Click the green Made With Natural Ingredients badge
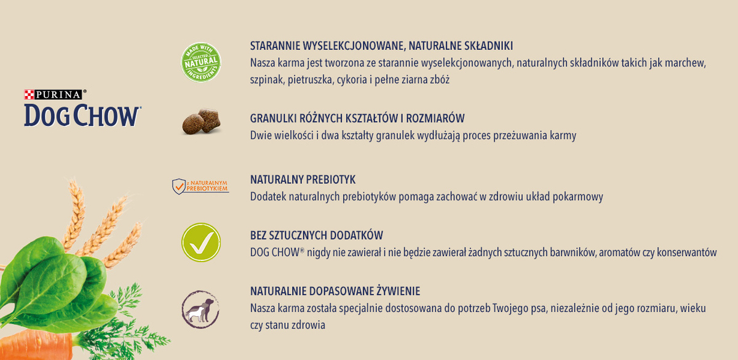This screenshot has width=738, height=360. [200, 62]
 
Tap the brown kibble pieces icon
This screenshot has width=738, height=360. [201, 121]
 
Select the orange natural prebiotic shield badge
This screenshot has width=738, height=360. [200, 185]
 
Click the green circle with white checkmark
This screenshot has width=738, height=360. [200, 242]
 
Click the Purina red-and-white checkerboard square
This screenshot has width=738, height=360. [28, 95]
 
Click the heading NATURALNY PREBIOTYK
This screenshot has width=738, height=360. [303, 179]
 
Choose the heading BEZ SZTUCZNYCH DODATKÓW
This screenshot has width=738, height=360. [316, 235]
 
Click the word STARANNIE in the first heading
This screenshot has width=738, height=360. [274, 46]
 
